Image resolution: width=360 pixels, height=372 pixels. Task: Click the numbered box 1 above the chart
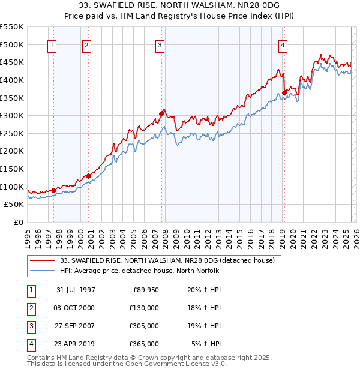point(52,45)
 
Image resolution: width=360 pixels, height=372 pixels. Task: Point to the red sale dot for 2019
point(284,92)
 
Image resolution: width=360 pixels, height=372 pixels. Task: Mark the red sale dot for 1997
point(54,190)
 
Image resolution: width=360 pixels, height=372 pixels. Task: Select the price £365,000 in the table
point(145,344)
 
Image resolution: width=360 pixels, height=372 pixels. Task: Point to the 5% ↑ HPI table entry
point(206,344)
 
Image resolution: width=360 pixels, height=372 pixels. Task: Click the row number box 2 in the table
point(30,308)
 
